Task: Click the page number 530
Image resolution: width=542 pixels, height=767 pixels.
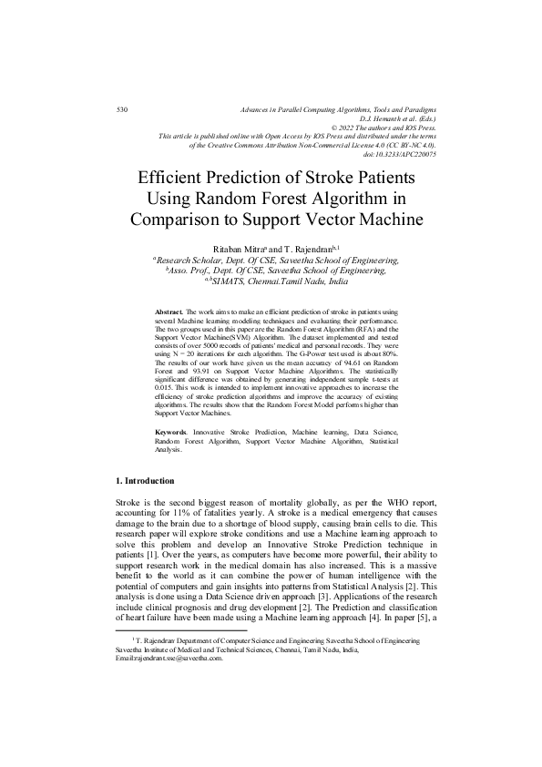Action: pos(123,109)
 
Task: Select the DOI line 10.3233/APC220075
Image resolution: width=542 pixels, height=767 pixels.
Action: pos(400,154)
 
